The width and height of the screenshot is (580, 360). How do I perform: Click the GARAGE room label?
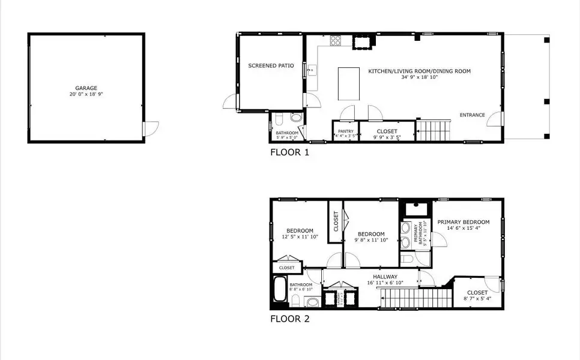[x=86, y=88]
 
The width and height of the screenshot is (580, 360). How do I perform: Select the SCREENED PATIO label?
[x=271, y=65]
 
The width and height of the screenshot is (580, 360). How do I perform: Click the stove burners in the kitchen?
[x=335, y=41]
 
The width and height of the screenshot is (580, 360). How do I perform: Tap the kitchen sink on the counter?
[x=312, y=71]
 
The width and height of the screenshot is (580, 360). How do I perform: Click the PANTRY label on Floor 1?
[x=345, y=131]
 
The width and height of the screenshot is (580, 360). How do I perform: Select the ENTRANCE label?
[x=472, y=115]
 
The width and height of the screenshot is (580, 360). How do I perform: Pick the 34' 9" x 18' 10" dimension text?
[x=419, y=77]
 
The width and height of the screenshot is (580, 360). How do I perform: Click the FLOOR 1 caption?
[x=289, y=152]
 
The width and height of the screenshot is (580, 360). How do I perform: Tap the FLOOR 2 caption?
[x=289, y=319]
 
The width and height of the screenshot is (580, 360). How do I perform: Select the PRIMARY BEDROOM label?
[x=463, y=222]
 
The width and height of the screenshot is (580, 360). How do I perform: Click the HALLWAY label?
[x=385, y=277]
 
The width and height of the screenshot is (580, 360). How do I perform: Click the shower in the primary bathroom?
[x=415, y=209]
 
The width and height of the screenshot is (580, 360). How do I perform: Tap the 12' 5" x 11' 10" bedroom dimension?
[x=299, y=238]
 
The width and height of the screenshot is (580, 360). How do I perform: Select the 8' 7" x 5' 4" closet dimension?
[x=477, y=298]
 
